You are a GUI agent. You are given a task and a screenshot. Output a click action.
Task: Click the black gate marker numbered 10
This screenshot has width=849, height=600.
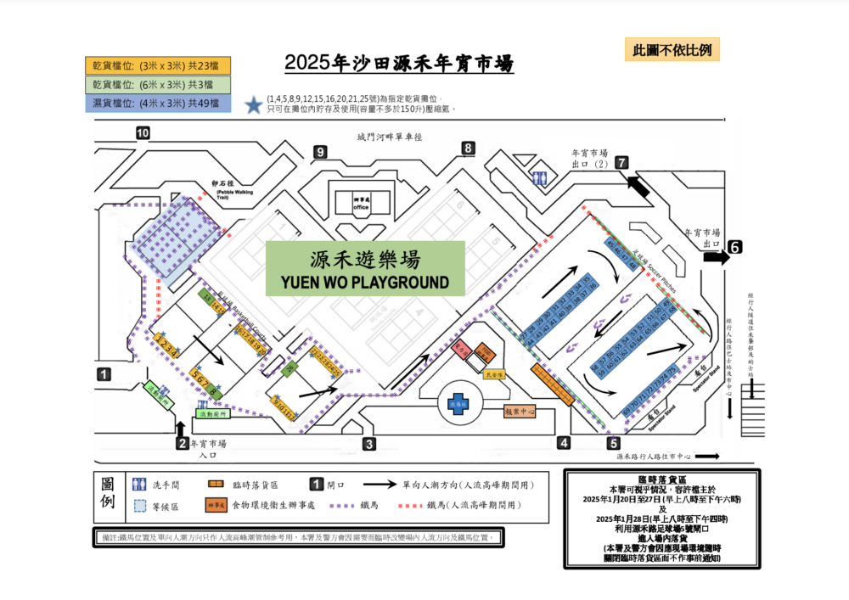click(x=143, y=132)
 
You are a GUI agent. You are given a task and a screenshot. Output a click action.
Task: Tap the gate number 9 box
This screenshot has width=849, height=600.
click(x=320, y=152)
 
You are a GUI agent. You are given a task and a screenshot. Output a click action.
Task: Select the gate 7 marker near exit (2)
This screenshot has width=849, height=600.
click(x=622, y=162)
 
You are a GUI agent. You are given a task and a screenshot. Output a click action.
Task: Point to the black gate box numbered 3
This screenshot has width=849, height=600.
click(x=368, y=444)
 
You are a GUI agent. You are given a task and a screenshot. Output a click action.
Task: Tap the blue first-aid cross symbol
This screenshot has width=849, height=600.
click(x=458, y=404)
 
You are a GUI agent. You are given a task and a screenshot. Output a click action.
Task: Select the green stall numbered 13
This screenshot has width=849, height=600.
click(x=206, y=297)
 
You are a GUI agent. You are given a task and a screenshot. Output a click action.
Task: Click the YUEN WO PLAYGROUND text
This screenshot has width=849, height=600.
click(x=365, y=281)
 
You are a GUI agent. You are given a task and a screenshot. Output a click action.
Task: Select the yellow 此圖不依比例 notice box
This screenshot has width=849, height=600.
click(x=672, y=49)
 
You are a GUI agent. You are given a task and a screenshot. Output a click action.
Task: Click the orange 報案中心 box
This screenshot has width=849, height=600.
click(x=520, y=412)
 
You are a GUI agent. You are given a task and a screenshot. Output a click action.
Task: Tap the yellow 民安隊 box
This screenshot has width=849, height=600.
click(x=494, y=373)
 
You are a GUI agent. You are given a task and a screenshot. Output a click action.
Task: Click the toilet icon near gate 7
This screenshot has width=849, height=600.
click(x=541, y=178)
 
